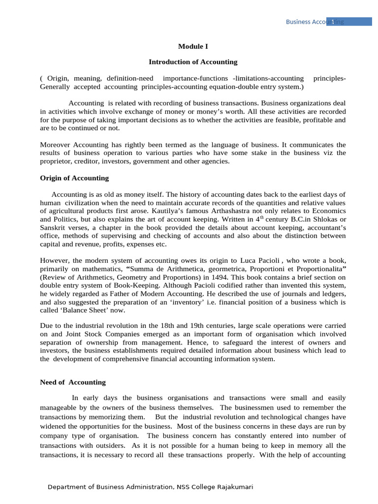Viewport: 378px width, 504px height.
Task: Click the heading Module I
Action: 193,46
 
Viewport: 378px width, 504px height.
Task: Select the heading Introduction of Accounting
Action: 193,62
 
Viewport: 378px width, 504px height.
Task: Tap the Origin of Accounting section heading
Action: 74,178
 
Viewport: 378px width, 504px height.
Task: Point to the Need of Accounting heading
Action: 72,382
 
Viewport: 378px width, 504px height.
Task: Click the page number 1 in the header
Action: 333,22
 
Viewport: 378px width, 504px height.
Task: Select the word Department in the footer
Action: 67,487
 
